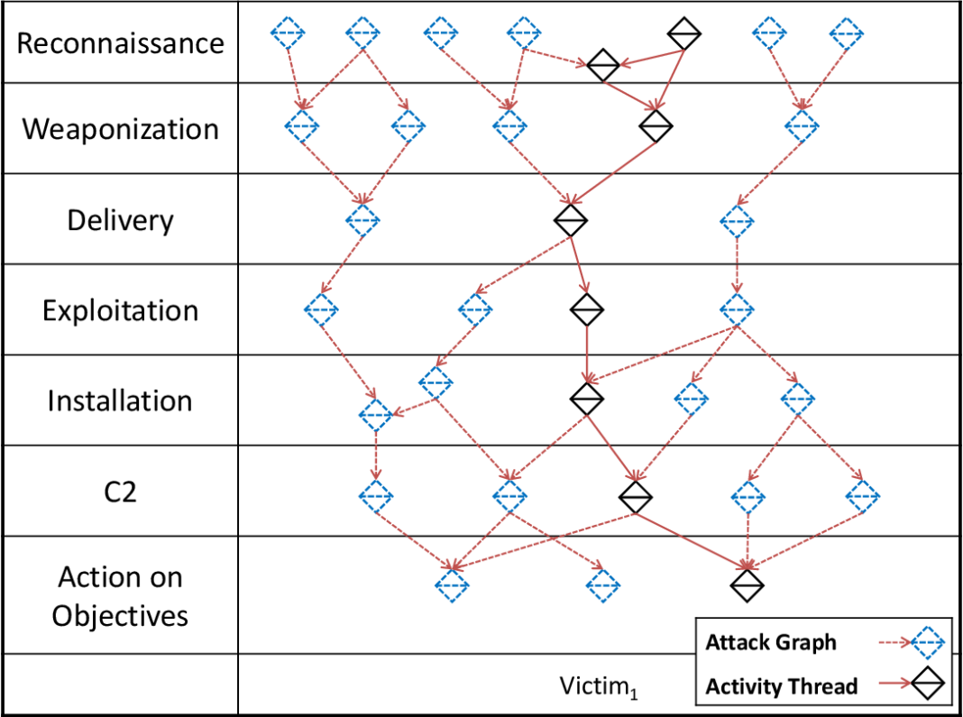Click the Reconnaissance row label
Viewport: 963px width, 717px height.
pos(120,43)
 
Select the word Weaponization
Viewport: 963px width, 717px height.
pos(120,129)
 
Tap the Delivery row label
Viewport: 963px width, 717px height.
pos(120,220)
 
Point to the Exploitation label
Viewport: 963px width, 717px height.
pos(120,310)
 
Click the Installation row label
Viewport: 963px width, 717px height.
pos(120,400)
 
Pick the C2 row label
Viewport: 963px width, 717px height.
pos(120,492)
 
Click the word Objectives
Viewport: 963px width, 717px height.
pos(120,615)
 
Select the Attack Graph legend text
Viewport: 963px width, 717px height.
pos(770,643)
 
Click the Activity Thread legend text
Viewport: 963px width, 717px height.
pos(781,686)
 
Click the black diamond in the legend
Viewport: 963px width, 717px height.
pos(927,686)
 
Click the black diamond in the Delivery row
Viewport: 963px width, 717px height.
pos(570,218)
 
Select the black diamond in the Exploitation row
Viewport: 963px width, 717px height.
pos(586,309)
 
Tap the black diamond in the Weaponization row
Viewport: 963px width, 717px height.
pos(656,126)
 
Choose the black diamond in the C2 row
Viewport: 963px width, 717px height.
pos(635,495)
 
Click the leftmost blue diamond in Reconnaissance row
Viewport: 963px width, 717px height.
pos(288,33)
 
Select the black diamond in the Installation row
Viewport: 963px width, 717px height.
pos(586,397)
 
